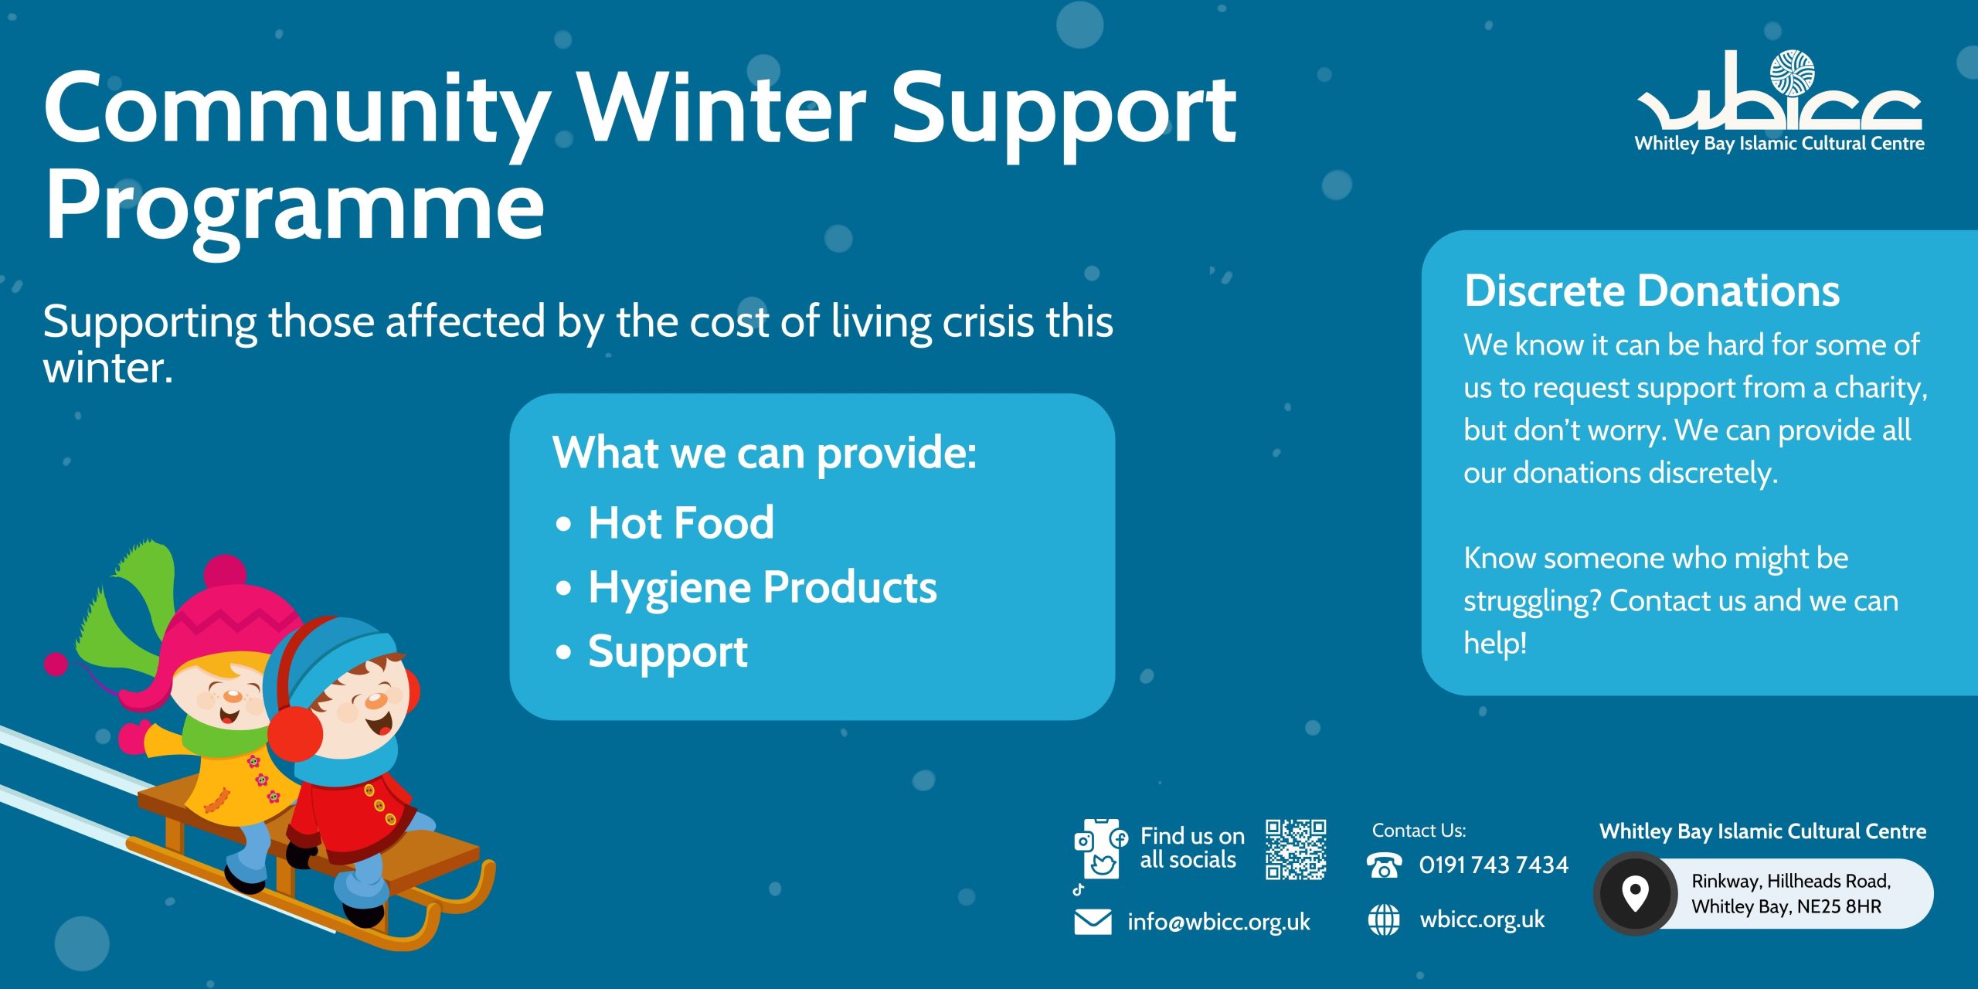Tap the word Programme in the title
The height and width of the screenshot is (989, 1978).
[x=294, y=207]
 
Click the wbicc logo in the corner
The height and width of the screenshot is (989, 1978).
[x=1779, y=100]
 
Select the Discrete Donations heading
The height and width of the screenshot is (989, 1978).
[x=1652, y=291]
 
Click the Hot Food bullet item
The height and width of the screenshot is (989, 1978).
[x=681, y=523]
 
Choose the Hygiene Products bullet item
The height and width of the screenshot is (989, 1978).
[x=763, y=588]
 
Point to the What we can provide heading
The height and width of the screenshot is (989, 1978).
[x=765, y=453]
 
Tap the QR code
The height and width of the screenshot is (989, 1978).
[x=1296, y=849]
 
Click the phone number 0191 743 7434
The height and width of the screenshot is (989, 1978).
[x=1494, y=865]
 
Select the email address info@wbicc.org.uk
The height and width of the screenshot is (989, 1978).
[x=1218, y=922]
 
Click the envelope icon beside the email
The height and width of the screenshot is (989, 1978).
[x=1093, y=922]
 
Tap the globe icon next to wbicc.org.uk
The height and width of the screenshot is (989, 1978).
[x=1384, y=919]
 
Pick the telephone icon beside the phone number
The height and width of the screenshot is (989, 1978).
[x=1384, y=865]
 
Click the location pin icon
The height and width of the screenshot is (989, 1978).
[x=1635, y=893]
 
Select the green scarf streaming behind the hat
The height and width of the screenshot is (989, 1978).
[x=131, y=610]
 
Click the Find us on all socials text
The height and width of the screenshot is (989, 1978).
[x=1192, y=848]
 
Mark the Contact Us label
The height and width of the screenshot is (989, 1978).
[x=1419, y=831]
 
